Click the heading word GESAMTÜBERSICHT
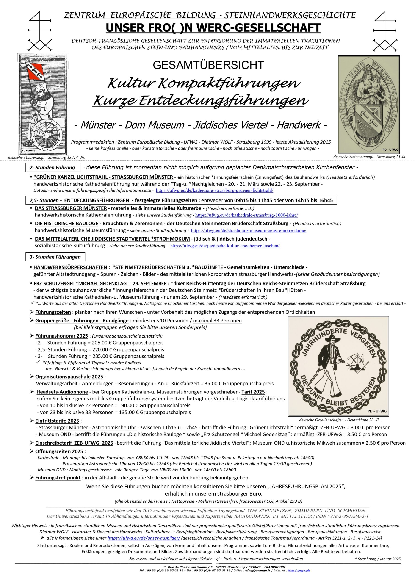click(x=208, y=65)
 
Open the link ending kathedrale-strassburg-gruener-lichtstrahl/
click(x=214, y=191)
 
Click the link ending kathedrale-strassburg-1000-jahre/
click(x=246, y=215)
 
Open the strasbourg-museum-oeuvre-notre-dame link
click(x=248, y=231)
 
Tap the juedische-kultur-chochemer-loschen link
click(x=225, y=246)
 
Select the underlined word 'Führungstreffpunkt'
click(x=58, y=478)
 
